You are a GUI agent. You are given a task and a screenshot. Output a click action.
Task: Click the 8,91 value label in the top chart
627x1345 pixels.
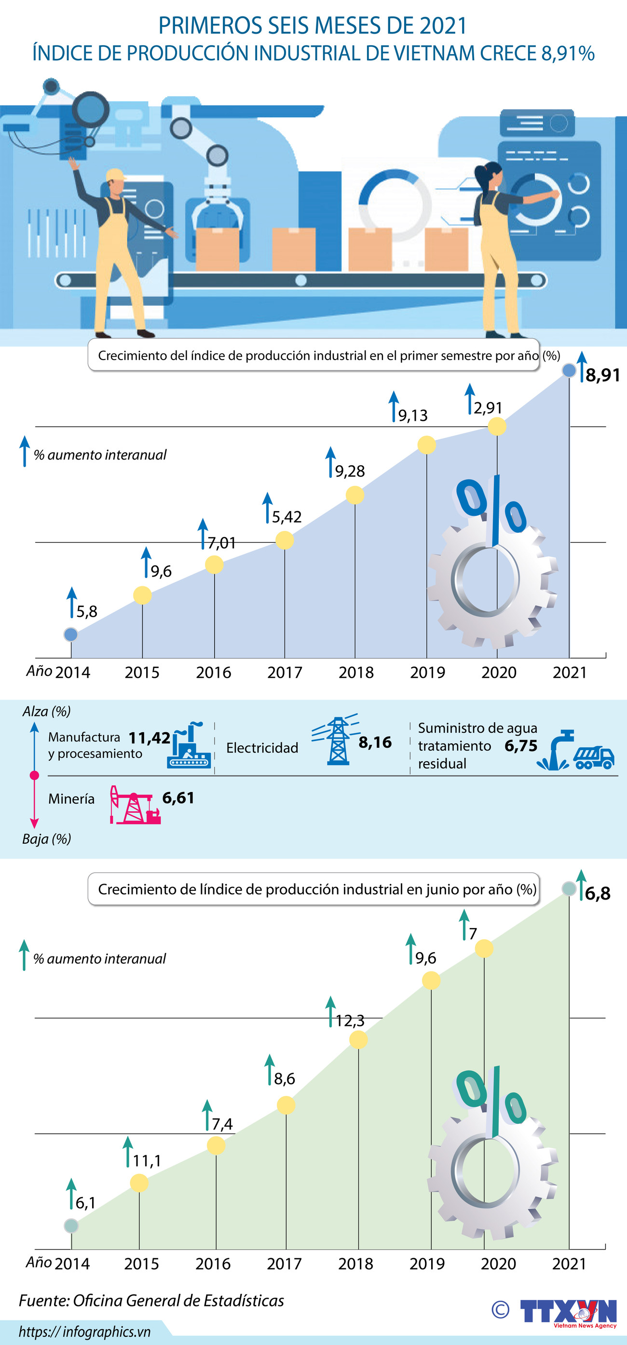coord(602,375)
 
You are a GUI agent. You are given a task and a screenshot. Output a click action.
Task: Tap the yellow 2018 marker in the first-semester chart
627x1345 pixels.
coord(355,495)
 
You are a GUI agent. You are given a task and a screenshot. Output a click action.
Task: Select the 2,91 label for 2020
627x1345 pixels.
coord(488,407)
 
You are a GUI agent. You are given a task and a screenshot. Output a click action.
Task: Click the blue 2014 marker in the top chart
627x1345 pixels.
coord(70,634)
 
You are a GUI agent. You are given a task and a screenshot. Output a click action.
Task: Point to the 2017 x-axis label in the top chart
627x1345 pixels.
coord(285,672)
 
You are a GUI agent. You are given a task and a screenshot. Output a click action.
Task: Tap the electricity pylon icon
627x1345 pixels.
coord(337,741)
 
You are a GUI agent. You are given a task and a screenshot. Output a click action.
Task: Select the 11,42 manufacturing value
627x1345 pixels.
coord(150,737)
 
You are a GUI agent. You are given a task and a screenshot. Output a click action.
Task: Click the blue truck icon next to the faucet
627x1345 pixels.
coord(594,757)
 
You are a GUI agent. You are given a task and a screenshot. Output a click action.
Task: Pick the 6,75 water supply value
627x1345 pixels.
coord(520,746)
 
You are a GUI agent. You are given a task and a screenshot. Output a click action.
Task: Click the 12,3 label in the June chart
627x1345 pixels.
coord(350,1020)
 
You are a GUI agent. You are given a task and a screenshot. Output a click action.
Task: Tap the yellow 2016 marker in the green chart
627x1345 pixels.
coord(216,1145)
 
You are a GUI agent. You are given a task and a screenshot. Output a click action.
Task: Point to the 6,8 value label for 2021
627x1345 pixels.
coord(597,893)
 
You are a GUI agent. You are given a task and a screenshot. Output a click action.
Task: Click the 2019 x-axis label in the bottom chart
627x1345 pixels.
coord(427,1264)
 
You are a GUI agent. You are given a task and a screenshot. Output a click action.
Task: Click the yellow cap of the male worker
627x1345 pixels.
coord(115,175)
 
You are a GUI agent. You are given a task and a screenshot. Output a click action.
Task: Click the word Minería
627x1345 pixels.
coord(71,799)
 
